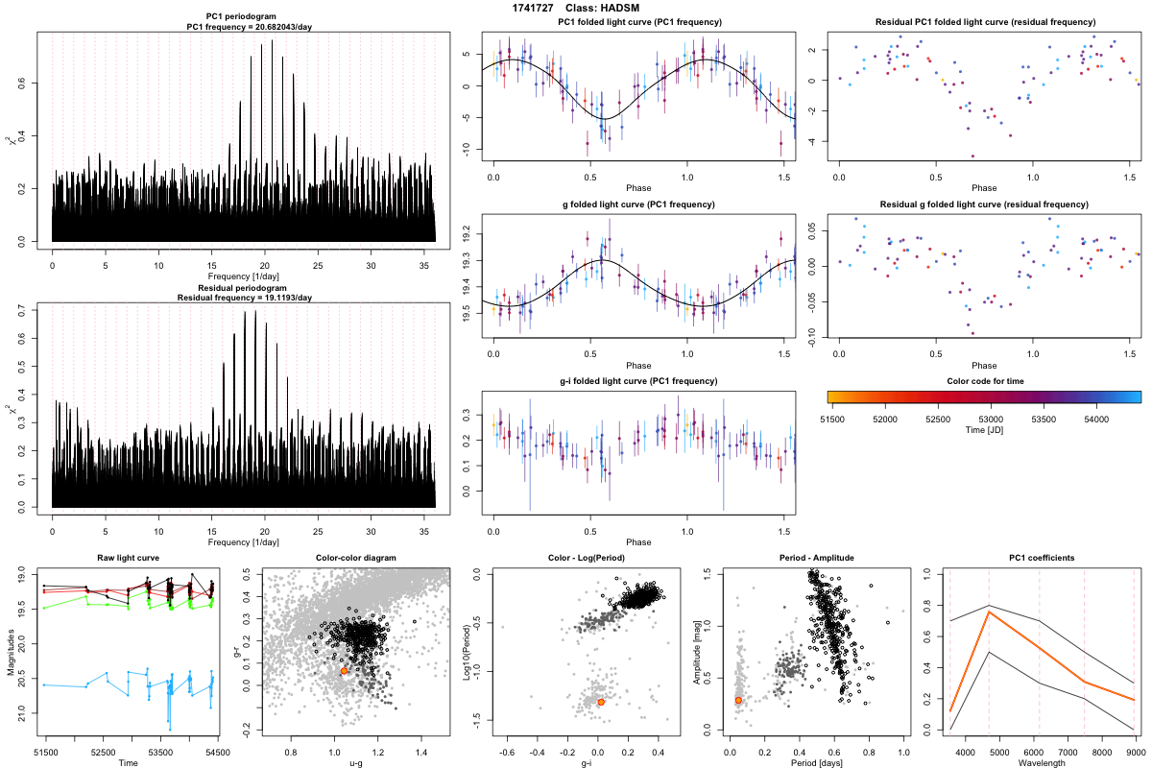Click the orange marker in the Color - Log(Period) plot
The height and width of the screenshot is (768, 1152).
tap(601, 703)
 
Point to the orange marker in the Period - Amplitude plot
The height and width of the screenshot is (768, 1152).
tap(738, 701)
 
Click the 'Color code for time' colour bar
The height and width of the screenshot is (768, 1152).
tap(983, 396)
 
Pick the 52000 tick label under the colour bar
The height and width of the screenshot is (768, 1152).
tap(884, 419)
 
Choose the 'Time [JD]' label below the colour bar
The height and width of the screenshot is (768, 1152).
tap(983, 431)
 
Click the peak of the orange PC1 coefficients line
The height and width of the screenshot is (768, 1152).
tap(989, 612)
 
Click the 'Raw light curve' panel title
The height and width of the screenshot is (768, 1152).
tap(128, 558)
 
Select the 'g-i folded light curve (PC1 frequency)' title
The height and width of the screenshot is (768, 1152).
tap(638, 381)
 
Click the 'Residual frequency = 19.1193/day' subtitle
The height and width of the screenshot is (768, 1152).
tap(244, 298)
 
